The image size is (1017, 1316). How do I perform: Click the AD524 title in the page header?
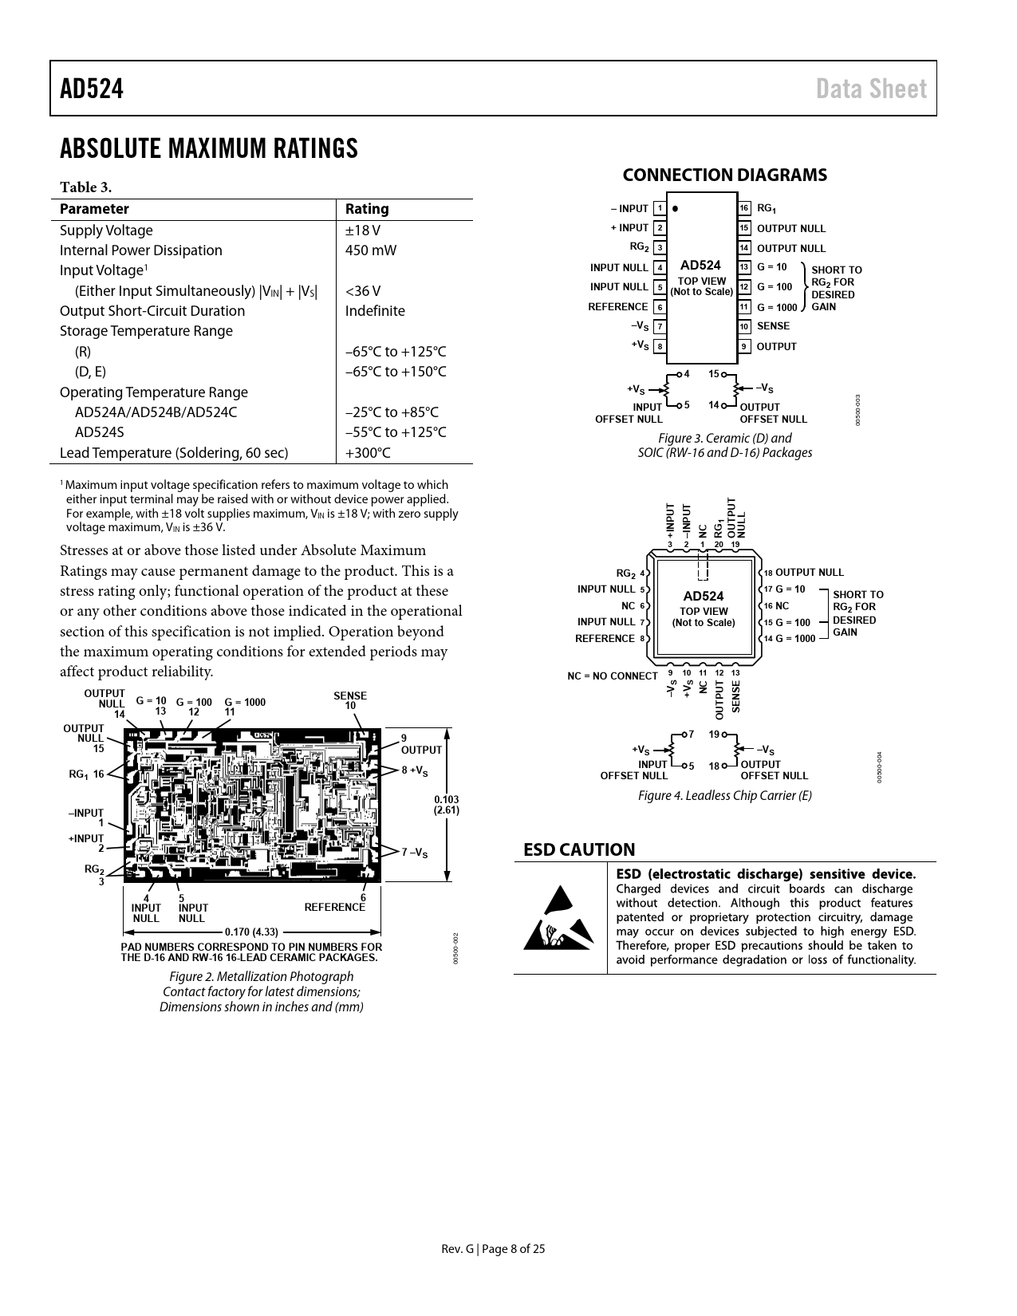pyautogui.click(x=92, y=89)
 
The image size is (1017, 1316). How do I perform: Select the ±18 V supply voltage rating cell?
pyautogui.click(x=362, y=230)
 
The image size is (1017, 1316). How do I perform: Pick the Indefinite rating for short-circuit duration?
pyautogui.click(x=375, y=311)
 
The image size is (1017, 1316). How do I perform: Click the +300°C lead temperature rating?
pyautogui.click(x=368, y=453)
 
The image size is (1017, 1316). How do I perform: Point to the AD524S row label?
pyautogui.click(x=99, y=432)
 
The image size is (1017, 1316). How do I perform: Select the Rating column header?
pyautogui.click(x=367, y=209)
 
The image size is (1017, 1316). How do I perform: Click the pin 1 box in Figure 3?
pyautogui.click(x=660, y=209)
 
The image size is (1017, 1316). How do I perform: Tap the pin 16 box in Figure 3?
pyautogui.click(x=743, y=209)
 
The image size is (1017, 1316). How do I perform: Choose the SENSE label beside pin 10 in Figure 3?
pyautogui.click(x=773, y=326)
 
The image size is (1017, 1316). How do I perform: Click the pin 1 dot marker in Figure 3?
pyautogui.click(x=676, y=209)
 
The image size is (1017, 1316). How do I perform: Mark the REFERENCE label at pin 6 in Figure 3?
pyautogui.click(x=618, y=307)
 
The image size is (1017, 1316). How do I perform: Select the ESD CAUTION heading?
pyautogui.click(x=579, y=850)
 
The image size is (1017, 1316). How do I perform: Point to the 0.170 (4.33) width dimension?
pyautogui.click(x=251, y=932)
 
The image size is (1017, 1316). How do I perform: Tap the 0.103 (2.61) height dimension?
pyautogui.click(x=446, y=805)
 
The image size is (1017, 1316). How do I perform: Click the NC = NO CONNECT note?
pyautogui.click(x=613, y=676)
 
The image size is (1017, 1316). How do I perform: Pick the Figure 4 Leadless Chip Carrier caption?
pyautogui.click(x=724, y=795)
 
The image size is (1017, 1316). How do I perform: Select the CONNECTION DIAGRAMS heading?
pyautogui.click(x=724, y=175)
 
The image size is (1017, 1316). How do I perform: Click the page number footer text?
pyautogui.click(x=494, y=1249)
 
